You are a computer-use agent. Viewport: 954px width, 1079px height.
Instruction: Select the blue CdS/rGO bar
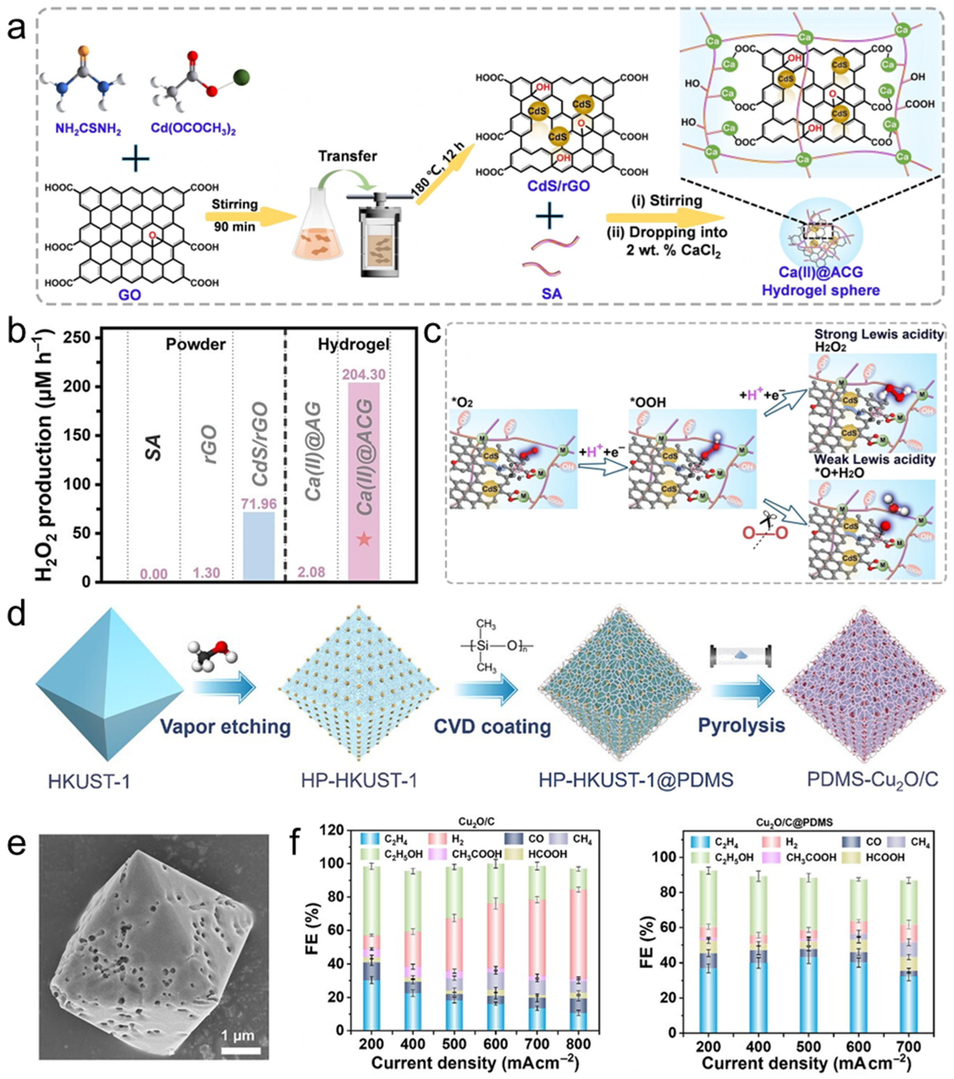pyautogui.click(x=259, y=546)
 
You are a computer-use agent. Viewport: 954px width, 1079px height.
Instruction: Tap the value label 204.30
pyautogui.click(x=364, y=374)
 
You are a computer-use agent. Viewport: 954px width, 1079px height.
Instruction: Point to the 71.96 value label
pyautogui.click(x=259, y=503)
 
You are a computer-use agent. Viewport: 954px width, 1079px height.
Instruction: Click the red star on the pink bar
pyautogui.click(x=364, y=539)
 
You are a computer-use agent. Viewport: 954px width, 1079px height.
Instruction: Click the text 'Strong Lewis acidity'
pyautogui.click(x=878, y=335)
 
